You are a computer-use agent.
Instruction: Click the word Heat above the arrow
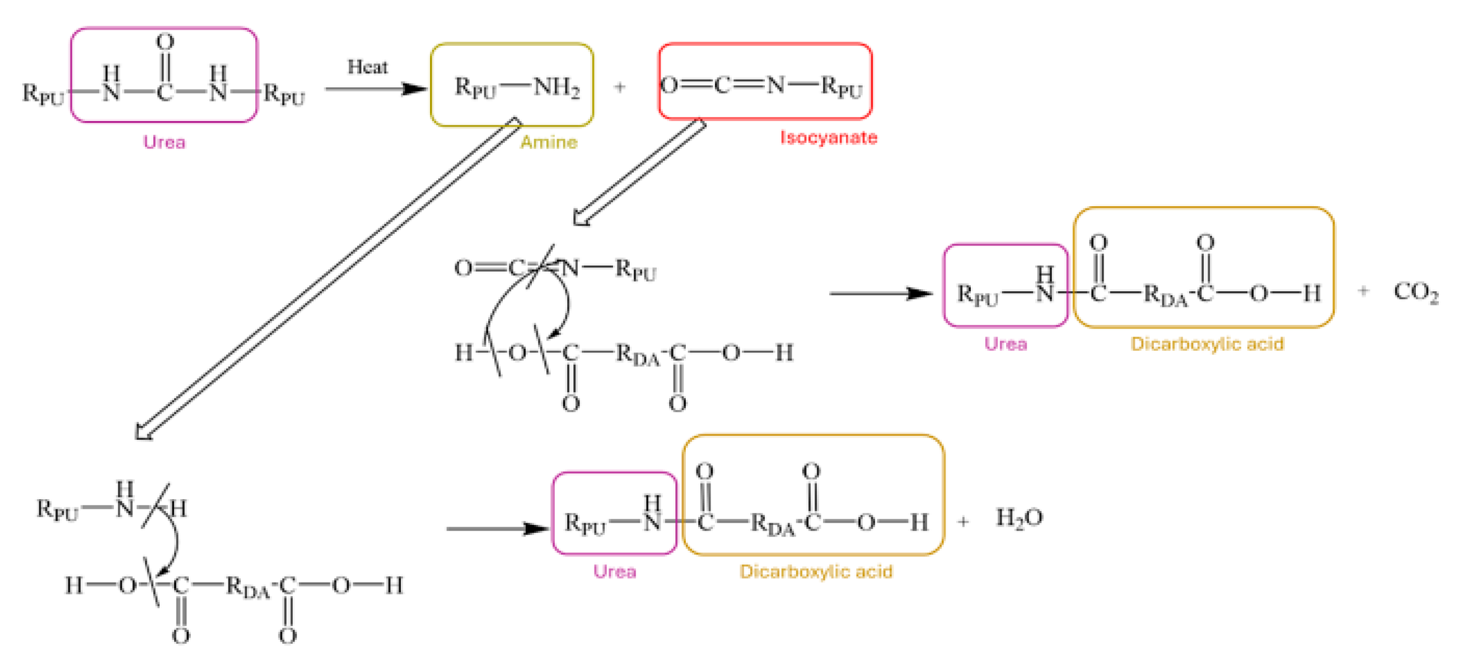(x=367, y=67)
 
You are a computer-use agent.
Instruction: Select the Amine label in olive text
(x=548, y=142)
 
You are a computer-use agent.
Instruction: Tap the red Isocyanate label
(x=828, y=137)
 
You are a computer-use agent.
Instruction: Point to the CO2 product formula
(x=1415, y=292)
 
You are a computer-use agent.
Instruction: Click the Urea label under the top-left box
(x=164, y=142)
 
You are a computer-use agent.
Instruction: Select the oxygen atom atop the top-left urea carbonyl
(x=165, y=42)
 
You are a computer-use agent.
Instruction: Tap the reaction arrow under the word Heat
(x=375, y=89)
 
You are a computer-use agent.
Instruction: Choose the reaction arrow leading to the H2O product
(x=497, y=528)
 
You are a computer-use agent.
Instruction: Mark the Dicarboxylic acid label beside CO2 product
(x=1207, y=344)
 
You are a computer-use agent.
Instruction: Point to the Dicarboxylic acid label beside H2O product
(x=816, y=571)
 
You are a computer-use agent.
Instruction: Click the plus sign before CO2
(x=1363, y=291)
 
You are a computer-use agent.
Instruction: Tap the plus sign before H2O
(x=963, y=521)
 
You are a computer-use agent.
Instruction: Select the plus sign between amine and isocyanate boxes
(x=620, y=87)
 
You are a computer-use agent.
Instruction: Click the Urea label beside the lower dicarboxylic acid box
(x=615, y=571)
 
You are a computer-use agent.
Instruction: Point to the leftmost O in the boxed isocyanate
(x=669, y=86)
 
